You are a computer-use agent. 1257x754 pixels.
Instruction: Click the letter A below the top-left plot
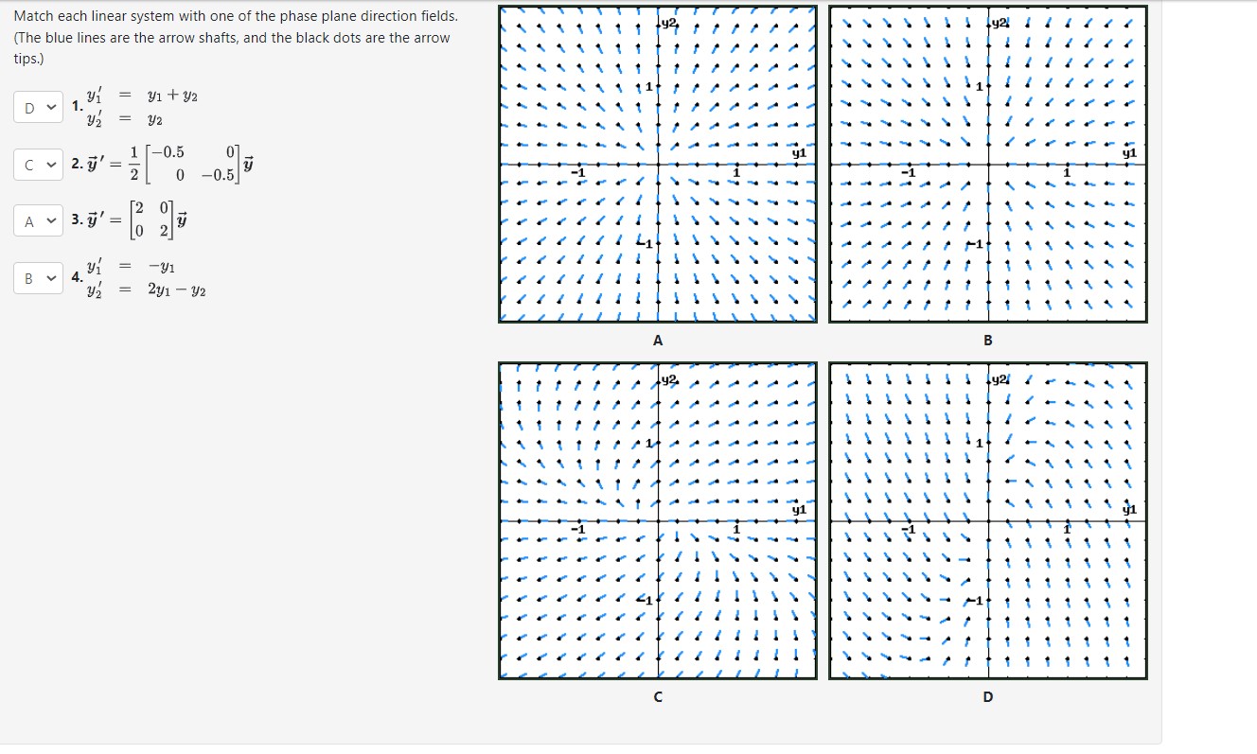pyautogui.click(x=657, y=340)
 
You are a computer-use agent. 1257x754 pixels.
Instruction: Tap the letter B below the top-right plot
pyautogui.click(x=987, y=340)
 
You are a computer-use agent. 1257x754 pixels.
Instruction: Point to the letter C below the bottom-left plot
pyautogui.click(x=657, y=697)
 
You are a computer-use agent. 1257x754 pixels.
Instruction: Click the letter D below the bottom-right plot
pyautogui.click(x=987, y=697)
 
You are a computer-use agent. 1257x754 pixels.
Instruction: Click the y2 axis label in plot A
pyautogui.click(x=669, y=21)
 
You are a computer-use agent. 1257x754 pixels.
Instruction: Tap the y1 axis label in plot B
pyautogui.click(x=1128, y=152)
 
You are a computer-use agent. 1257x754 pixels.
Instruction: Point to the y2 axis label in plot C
pyautogui.click(x=669, y=378)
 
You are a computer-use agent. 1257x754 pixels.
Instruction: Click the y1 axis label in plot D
pyautogui.click(x=1128, y=509)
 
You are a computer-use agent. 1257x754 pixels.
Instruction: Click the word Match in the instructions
pyautogui.click(x=35, y=17)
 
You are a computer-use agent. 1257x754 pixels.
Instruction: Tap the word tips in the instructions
pyautogui.click(x=27, y=59)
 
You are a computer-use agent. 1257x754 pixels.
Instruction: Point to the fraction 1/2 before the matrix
pyautogui.click(x=134, y=165)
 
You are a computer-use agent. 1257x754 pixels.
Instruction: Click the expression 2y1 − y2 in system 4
pyautogui.click(x=176, y=289)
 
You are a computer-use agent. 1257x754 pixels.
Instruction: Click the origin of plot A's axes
pyautogui.click(x=658, y=165)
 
